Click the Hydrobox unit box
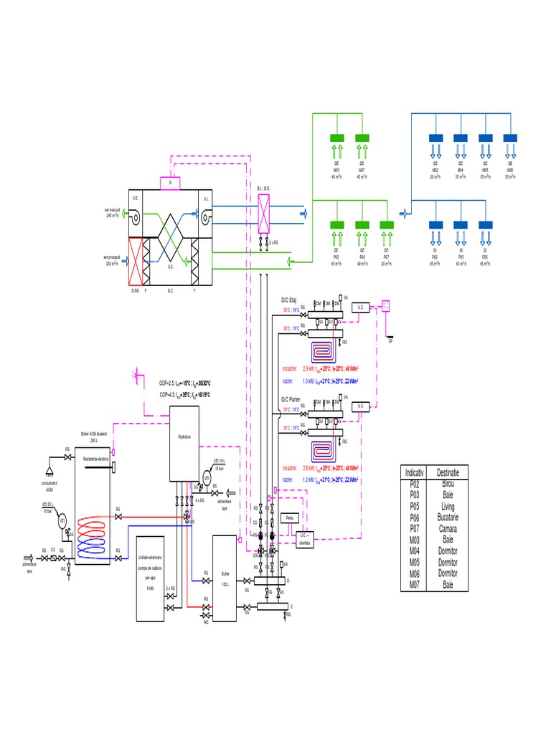(x=184, y=444)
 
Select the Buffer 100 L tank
(x=225, y=578)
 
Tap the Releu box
(x=290, y=517)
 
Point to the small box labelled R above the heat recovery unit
(x=170, y=183)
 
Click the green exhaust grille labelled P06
(x=362, y=225)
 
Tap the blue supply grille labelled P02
(x=435, y=225)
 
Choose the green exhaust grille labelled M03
(x=336, y=138)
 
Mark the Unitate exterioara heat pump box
(x=149, y=571)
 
